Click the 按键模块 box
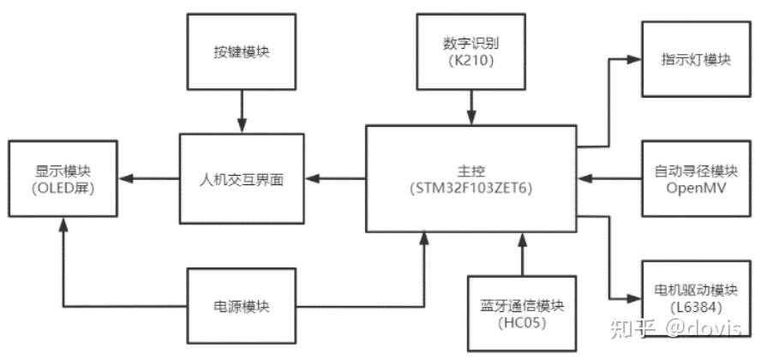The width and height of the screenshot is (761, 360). [242, 52]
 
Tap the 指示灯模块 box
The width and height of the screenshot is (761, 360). [695, 60]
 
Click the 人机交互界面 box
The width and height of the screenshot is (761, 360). [241, 180]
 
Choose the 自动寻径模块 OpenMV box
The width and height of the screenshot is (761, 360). [695, 178]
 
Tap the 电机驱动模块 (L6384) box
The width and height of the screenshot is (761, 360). [695, 297]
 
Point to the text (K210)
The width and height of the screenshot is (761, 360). [470, 62]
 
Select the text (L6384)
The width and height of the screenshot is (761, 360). [695, 307]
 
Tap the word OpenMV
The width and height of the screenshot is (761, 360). [695, 189]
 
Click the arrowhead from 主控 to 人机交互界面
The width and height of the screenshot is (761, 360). [311, 179]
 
